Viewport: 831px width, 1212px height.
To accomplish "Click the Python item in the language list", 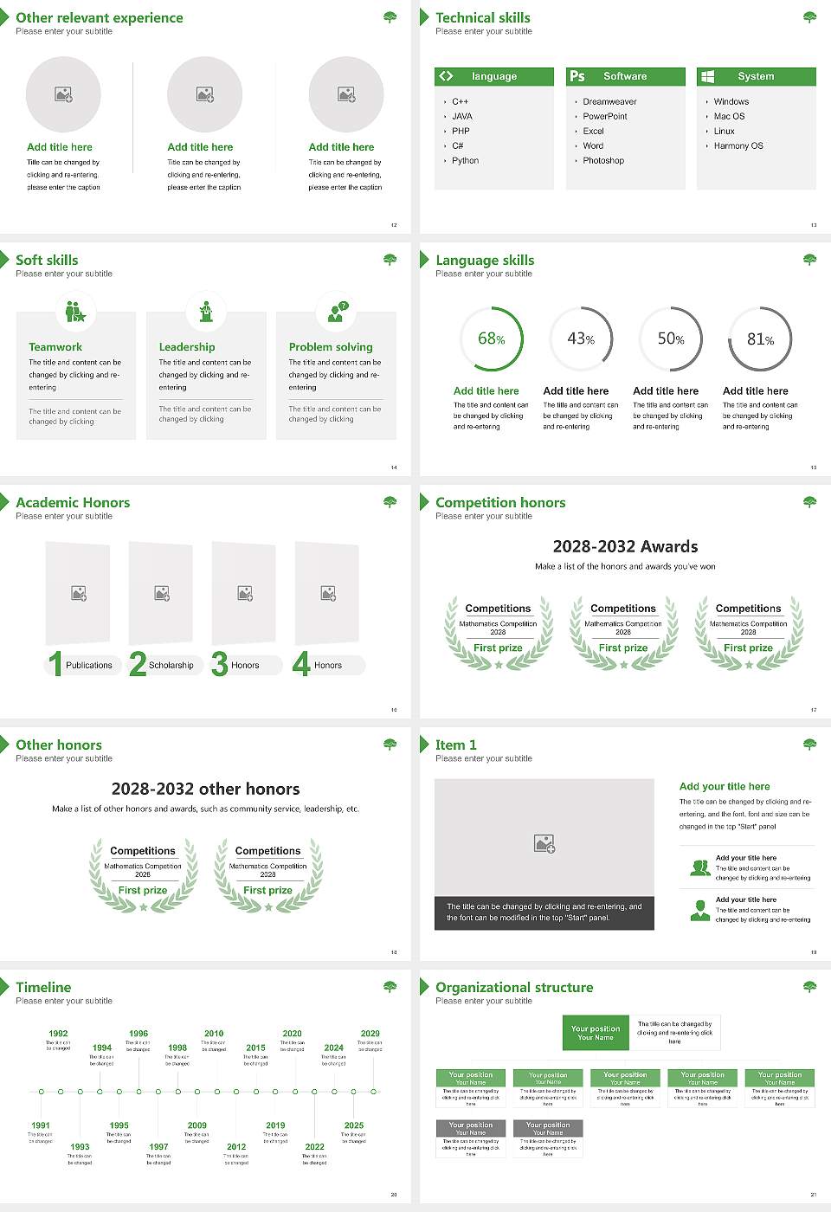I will (x=465, y=161).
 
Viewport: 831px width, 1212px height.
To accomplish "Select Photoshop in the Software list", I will (x=603, y=161).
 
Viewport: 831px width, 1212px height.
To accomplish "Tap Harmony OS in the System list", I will (x=738, y=146).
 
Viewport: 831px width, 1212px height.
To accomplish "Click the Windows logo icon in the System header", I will (x=707, y=76).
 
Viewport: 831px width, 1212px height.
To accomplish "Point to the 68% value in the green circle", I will (x=491, y=338).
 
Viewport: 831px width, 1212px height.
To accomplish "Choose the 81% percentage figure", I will (x=760, y=339).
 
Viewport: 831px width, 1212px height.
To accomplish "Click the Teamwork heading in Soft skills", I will (x=55, y=347).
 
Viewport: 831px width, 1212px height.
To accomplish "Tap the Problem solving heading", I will (x=331, y=347).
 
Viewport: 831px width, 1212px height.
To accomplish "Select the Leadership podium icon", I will (x=206, y=312).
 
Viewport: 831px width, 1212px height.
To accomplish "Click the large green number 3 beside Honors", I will (x=220, y=664).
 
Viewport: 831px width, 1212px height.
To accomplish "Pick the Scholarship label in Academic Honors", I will (x=171, y=666).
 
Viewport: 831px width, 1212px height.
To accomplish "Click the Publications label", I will (x=89, y=666).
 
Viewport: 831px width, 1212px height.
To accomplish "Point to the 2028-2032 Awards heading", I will (x=625, y=546).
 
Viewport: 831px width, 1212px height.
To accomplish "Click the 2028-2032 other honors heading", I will (x=205, y=789).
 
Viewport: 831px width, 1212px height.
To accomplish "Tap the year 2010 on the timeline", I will (x=214, y=1034).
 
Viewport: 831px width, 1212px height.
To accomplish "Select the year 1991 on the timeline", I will (x=41, y=1125).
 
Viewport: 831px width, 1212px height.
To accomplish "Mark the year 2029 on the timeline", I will (x=370, y=1034).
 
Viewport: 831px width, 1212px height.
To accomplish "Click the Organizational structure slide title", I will (x=514, y=987).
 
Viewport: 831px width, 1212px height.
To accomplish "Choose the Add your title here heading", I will (x=725, y=786).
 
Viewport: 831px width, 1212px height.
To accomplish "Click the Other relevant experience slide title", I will (x=100, y=17).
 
